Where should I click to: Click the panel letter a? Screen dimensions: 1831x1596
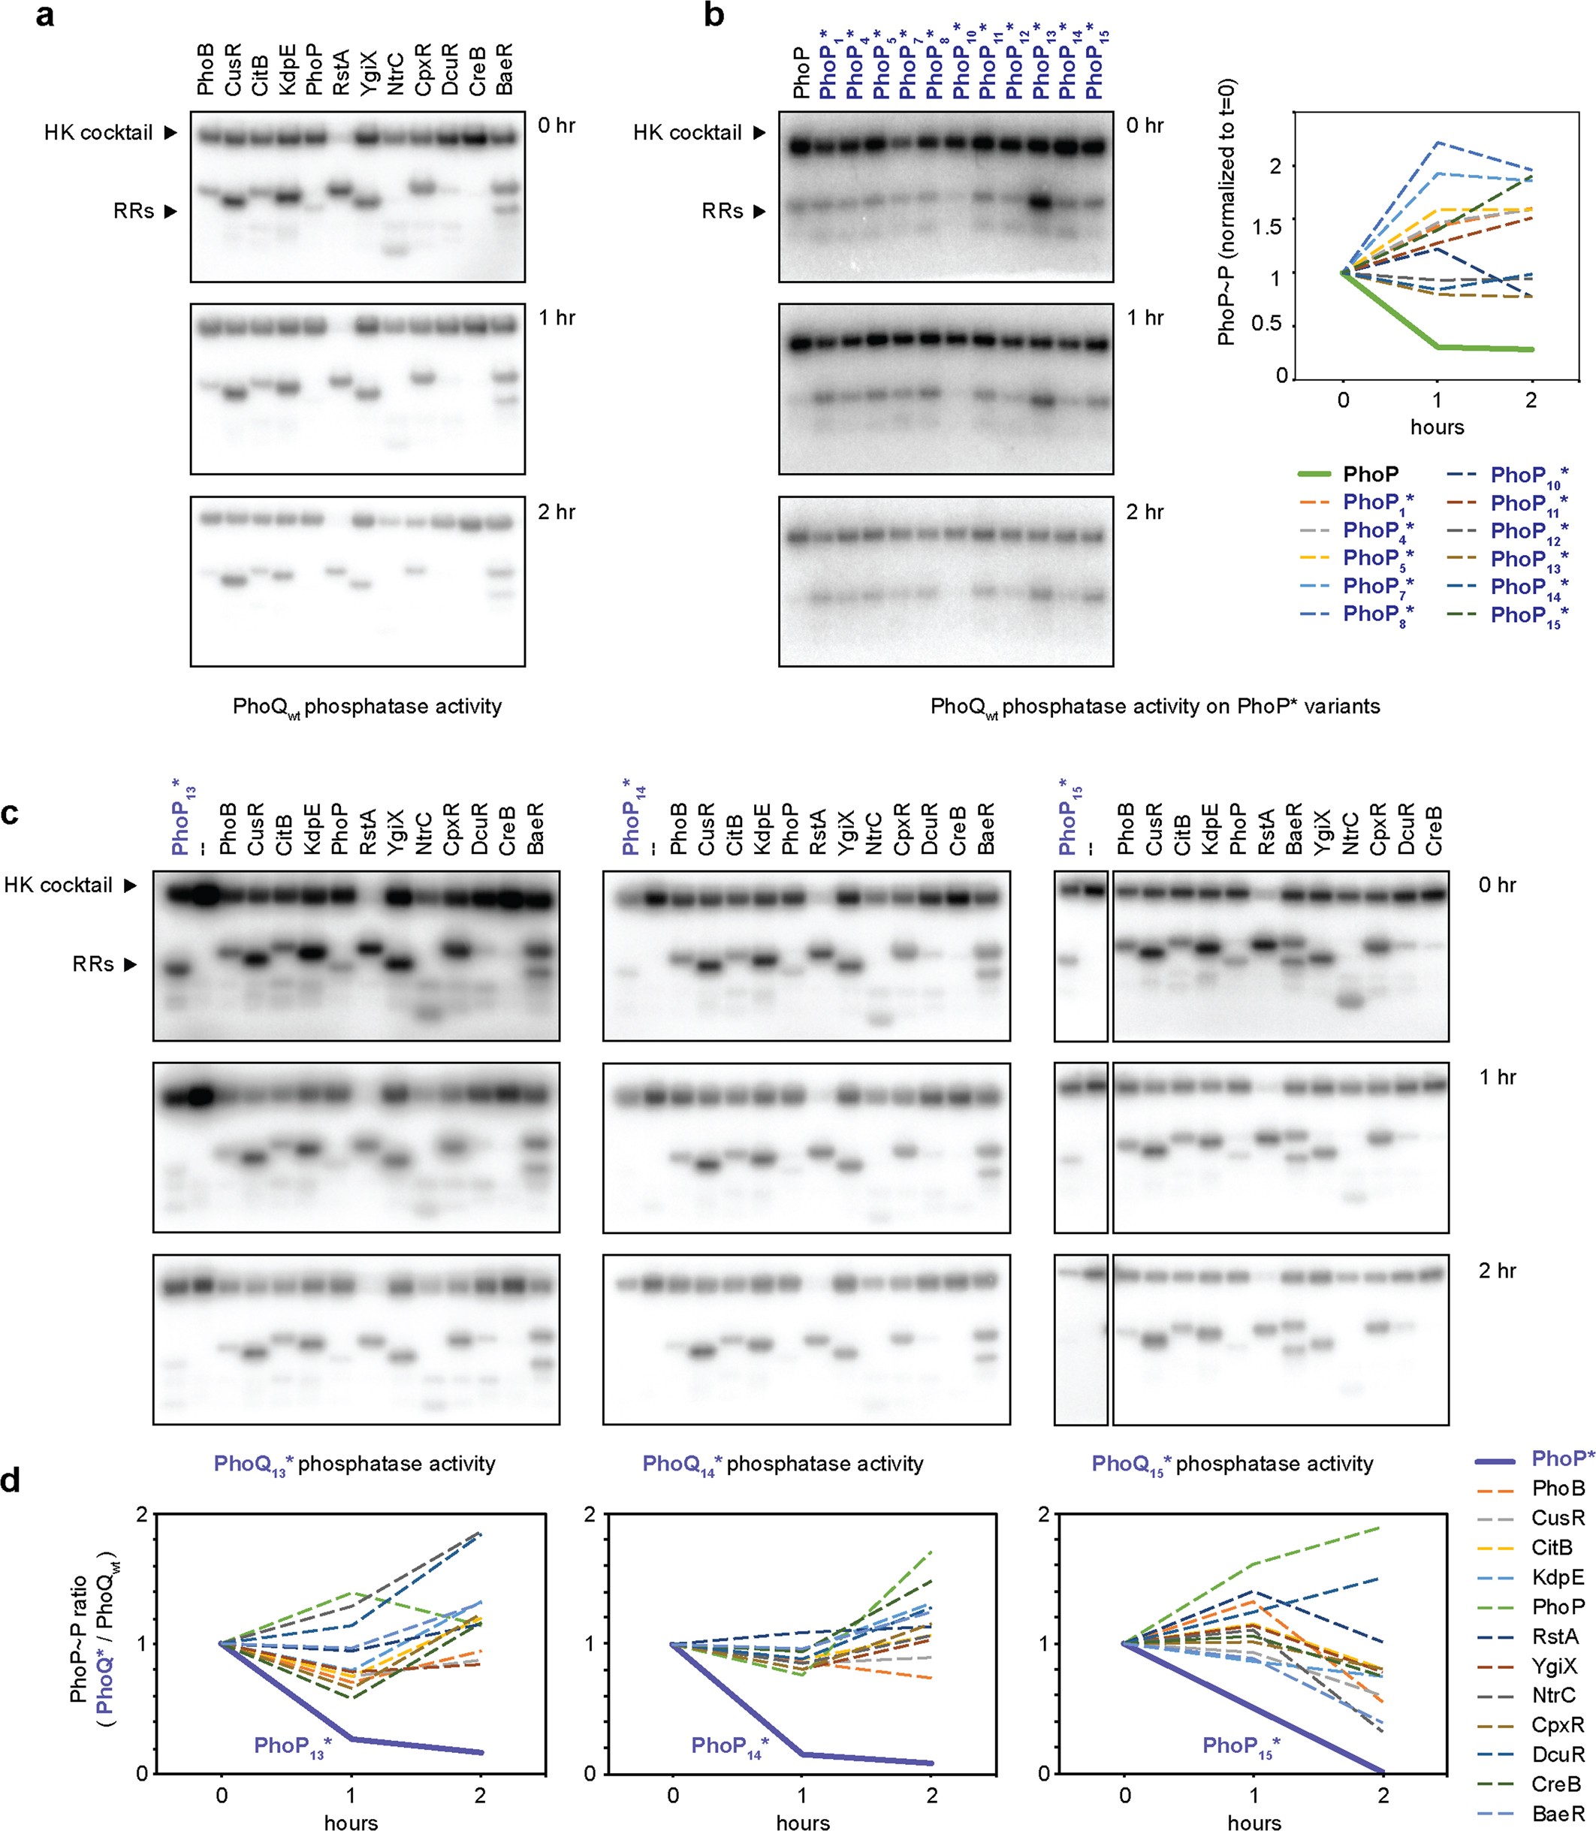44,15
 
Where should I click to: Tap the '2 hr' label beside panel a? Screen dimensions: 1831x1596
556,512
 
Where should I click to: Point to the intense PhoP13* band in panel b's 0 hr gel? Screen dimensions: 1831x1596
1040,202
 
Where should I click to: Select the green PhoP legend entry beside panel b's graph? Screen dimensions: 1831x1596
1370,474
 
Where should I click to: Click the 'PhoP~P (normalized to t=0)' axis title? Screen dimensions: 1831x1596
1227,211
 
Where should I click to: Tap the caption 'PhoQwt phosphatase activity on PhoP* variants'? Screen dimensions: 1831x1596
1154,706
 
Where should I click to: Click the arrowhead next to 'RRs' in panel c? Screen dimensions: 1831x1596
130,964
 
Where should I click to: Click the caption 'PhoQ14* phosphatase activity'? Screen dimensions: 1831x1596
783,1463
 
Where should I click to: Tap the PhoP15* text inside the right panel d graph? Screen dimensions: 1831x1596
1241,1746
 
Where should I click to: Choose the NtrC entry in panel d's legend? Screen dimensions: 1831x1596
1553,1695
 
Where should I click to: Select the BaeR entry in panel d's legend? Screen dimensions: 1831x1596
1558,1813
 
